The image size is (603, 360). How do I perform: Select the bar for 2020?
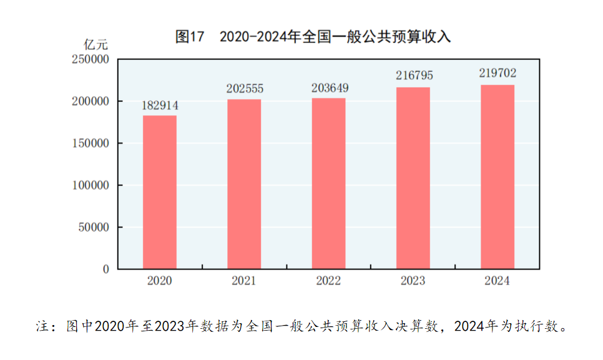click(x=160, y=192)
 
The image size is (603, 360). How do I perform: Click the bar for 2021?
click(x=244, y=184)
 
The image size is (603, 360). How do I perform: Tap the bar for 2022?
click(x=328, y=183)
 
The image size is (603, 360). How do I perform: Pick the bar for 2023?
click(x=413, y=178)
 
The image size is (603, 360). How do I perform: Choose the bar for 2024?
click(x=498, y=177)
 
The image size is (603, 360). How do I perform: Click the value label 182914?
click(x=160, y=105)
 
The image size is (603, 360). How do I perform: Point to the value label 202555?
click(x=245, y=89)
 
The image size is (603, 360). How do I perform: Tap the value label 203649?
click(x=329, y=88)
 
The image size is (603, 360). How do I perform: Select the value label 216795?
click(x=413, y=75)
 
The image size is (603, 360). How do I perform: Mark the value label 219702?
click(x=498, y=73)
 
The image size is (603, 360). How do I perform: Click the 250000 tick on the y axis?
click(x=91, y=59)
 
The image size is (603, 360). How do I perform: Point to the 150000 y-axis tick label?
click(x=91, y=144)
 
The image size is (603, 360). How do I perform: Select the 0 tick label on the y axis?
click(x=105, y=270)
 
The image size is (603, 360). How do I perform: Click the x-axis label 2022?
click(x=328, y=281)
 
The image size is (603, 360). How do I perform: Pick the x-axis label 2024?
click(x=498, y=281)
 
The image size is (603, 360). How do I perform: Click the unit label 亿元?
click(x=96, y=44)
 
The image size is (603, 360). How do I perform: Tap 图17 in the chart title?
click(x=190, y=37)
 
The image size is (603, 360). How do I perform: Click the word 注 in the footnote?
click(x=42, y=326)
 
